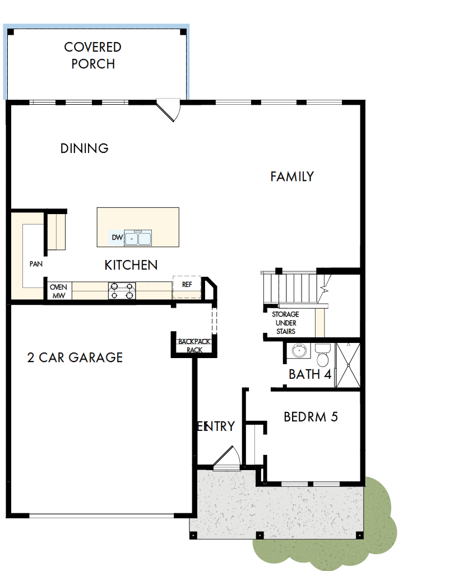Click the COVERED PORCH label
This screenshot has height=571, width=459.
[93, 55]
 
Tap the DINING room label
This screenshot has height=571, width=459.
[84, 148]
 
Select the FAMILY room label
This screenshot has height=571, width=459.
[292, 177]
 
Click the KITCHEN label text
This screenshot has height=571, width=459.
[131, 265]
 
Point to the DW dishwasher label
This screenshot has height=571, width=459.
[117, 238]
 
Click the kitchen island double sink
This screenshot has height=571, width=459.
[138, 239]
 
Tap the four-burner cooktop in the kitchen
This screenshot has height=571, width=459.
[122, 290]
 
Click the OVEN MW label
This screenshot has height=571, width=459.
[58, 291]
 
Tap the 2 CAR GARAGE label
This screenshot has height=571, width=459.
[75, 358]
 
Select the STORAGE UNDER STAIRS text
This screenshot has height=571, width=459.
[285, 323]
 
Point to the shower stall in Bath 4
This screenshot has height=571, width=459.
[347, 365]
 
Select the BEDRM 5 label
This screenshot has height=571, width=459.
[310, 417]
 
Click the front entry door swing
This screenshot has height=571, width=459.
[226, 457]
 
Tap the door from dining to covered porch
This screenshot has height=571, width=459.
[169, 109]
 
